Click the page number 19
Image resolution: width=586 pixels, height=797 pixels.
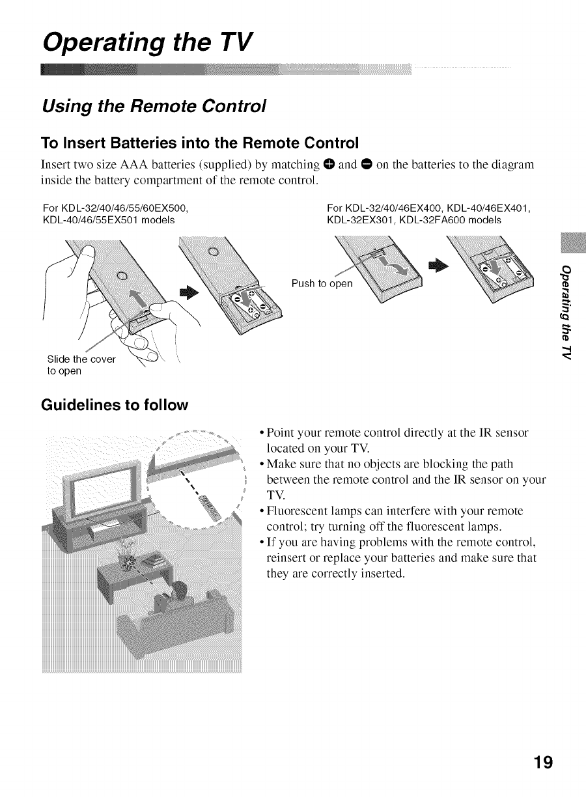pos(542,762)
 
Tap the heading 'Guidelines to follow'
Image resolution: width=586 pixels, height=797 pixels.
pos(115,405)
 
